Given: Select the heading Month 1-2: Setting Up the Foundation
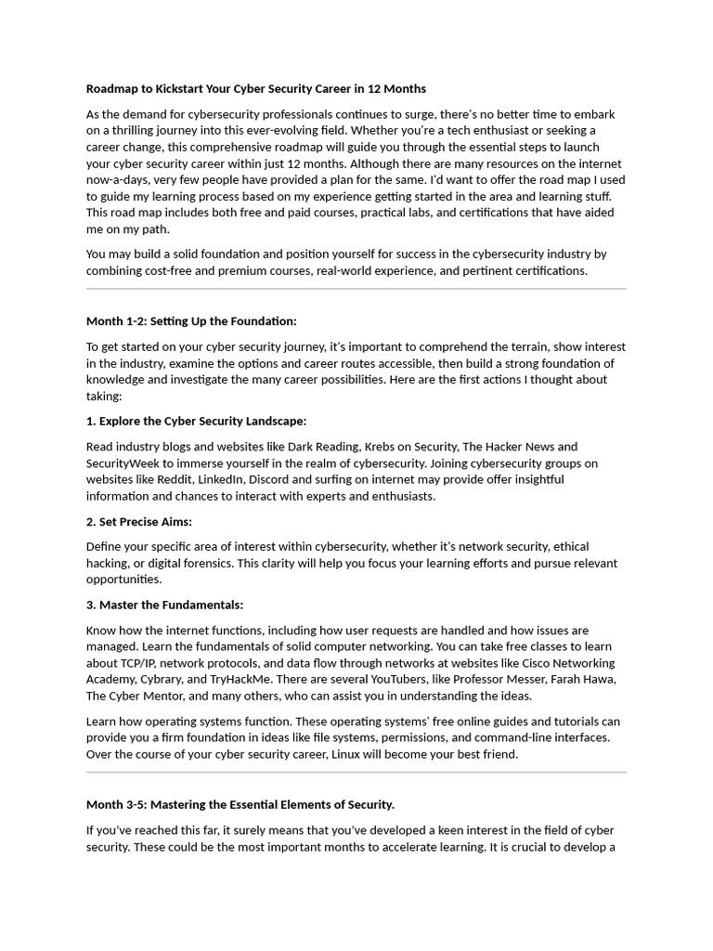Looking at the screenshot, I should pyautogui.click(x=191, y=321).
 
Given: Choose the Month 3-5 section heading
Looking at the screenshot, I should pyautogui.click(x=240, y=804).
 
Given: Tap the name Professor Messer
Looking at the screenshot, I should pyautogui.click(x=506, y=680).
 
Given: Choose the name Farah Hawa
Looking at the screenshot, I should pyautogui.click(x=585, y=680).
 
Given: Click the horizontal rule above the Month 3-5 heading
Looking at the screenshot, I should pyautogui.click(x=356, y=772).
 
